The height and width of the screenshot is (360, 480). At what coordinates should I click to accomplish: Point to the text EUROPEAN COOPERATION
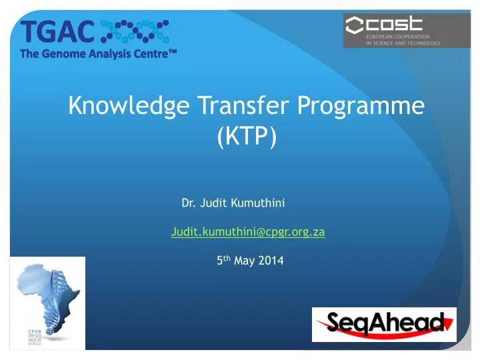[397, 37]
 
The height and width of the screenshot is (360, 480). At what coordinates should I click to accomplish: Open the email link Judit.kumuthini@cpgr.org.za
[247, 232]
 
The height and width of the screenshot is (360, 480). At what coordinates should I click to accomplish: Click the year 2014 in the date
[271, 261]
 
